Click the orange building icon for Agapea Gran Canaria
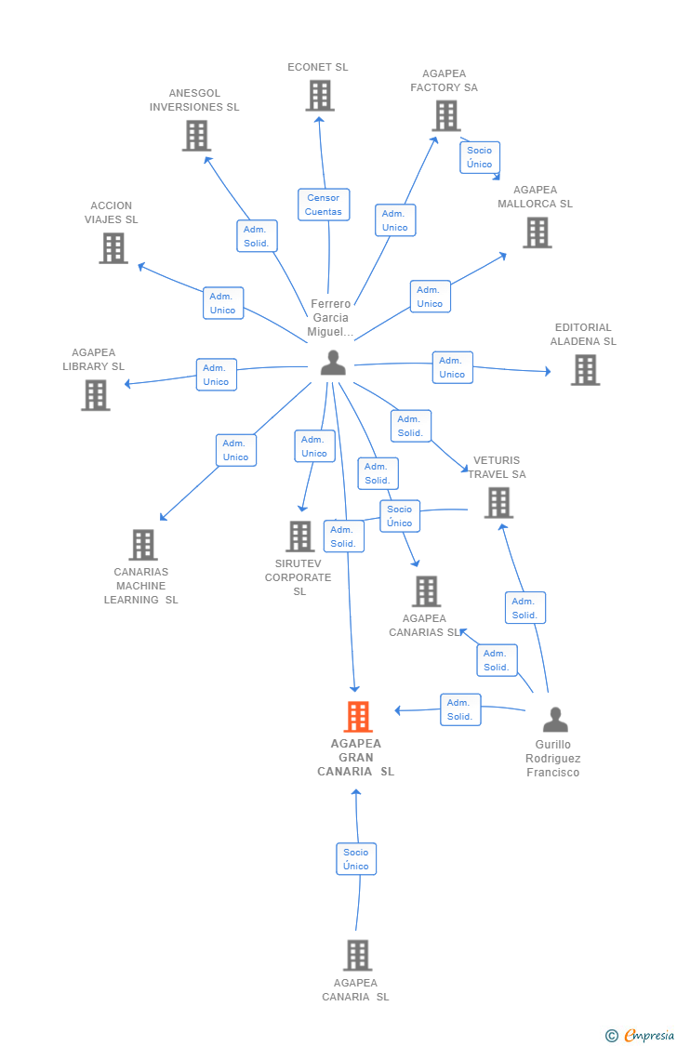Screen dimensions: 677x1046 358,717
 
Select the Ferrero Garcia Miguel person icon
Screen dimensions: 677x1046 333,363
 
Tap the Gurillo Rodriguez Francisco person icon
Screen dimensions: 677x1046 555,720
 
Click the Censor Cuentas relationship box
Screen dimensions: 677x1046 324,205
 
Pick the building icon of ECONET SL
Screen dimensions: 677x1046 320,96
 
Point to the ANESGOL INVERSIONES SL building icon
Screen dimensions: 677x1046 197,136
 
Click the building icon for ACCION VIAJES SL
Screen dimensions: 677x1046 113,248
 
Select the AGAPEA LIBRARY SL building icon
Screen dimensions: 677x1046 96,395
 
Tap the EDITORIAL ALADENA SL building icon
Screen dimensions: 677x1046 586,370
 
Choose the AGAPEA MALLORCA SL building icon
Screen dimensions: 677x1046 537,232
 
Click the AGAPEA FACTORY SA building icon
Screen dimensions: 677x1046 446,115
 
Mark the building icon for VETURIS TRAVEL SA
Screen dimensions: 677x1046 498,502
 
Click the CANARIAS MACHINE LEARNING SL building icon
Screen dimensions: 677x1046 143,545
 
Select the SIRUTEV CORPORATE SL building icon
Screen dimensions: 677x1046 300,536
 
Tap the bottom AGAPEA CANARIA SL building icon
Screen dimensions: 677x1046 358,955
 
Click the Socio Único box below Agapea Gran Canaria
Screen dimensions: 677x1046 356,859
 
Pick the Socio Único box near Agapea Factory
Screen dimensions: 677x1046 480,157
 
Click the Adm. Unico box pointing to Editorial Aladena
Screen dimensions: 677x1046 452,367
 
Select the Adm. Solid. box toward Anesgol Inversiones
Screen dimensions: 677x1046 257,236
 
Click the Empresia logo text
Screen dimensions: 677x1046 649,1036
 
